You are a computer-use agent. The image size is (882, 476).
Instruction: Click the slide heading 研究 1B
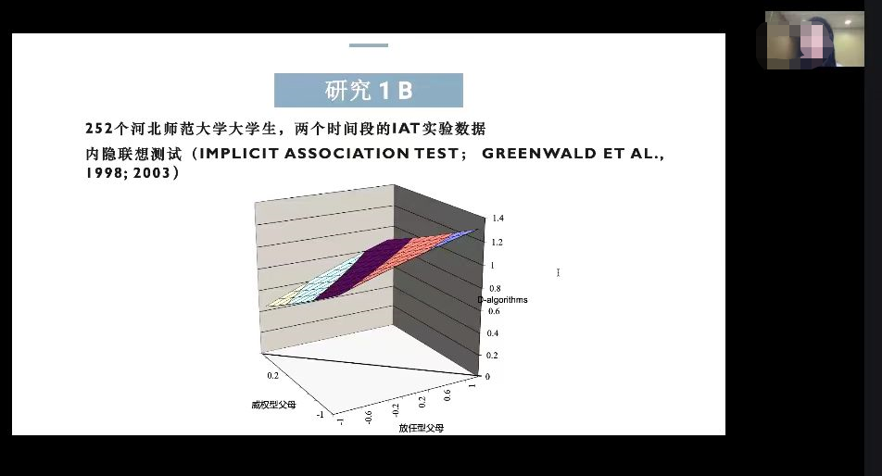[369, 90]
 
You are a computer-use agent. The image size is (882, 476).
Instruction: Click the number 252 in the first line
[99, 129]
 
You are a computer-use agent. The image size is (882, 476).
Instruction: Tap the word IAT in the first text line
[406, 129]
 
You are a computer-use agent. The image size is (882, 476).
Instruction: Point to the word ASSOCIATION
[346, 154]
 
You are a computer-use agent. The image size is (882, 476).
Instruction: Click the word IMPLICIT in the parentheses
[239, 154]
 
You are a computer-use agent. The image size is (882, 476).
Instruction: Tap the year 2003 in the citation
[151, 172]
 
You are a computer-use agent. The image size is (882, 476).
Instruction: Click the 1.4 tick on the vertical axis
[498, 218]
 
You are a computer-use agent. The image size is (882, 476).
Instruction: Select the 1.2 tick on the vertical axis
[498, 243]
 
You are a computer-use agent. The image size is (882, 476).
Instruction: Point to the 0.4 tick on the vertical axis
[493, 333]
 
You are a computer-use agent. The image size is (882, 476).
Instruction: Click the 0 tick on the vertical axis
[487, 377]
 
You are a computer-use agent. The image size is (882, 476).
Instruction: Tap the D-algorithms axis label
[502, 299]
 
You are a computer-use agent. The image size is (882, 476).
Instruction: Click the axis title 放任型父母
[422, 428]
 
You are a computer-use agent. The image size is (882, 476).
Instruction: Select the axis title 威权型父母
[273, 405]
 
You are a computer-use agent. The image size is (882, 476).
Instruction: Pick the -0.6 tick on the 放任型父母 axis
[369, 417]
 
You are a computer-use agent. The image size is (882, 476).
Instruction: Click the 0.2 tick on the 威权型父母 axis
[272, 375]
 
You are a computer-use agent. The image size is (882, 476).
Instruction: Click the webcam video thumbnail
[815, 40]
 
